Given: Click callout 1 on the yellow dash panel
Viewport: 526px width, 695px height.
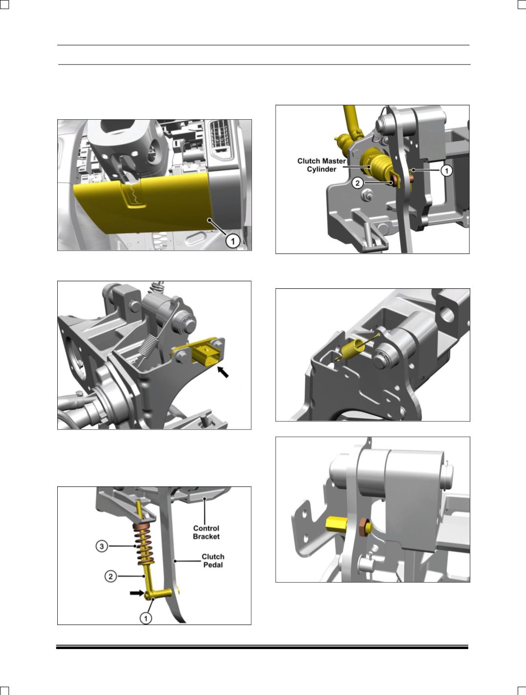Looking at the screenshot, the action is [232, 241].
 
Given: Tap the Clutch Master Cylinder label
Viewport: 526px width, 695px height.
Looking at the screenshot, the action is [321, 165].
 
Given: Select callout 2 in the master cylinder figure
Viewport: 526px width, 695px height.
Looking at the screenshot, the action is [358, 183].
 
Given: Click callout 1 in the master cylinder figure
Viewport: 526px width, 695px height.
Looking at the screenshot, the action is [446, 171].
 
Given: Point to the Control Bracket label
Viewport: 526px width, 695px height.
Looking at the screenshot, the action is [206, 532].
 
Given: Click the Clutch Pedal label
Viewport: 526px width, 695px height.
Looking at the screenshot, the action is [213, 561].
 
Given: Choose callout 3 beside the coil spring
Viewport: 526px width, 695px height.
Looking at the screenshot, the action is [102, 546].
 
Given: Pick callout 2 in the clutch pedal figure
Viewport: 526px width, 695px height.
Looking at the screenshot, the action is [111, 576].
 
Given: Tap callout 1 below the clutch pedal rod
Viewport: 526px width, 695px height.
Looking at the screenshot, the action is [146, 618].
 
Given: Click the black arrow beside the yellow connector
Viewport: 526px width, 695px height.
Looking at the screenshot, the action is [223, 372].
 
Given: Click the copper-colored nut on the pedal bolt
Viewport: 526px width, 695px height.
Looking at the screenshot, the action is [366, 527].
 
